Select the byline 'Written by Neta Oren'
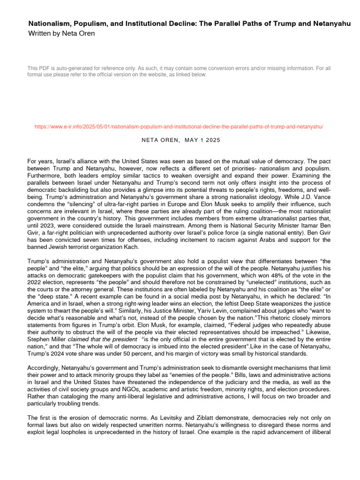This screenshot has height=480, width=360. (61, 33)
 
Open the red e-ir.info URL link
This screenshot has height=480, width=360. (180, 127)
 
